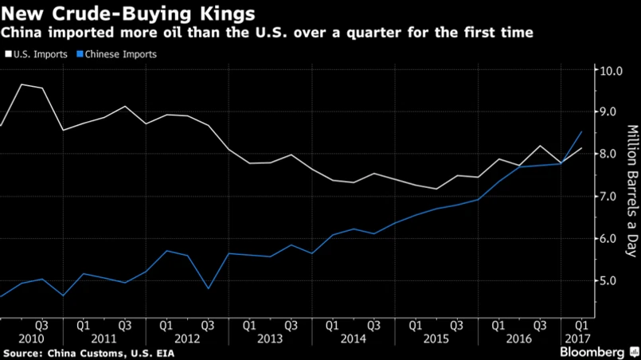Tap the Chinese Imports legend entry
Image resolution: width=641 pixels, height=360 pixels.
click(118, 55)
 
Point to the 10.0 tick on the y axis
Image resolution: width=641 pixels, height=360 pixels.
click(611, 70)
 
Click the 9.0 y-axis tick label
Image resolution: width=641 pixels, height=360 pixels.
click(611, 112)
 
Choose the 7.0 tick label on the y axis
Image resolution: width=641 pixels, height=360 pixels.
click(611, 197)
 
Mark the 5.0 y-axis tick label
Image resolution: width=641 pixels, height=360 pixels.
click(611, 281)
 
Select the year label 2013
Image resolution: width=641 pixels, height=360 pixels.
click(269, 338)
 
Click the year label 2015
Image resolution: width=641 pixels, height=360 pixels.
click(435, 338)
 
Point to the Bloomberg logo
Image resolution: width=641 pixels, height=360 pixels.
click(592, 351)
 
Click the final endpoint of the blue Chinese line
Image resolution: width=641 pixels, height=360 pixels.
click(581, 132)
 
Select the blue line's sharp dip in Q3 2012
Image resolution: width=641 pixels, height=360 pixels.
click(207, 288)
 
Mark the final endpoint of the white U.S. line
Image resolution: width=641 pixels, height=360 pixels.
click(581, 148)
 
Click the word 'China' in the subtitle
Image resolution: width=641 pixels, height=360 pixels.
click(22, 33)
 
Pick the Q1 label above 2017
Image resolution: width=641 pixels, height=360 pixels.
click(581, 325)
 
